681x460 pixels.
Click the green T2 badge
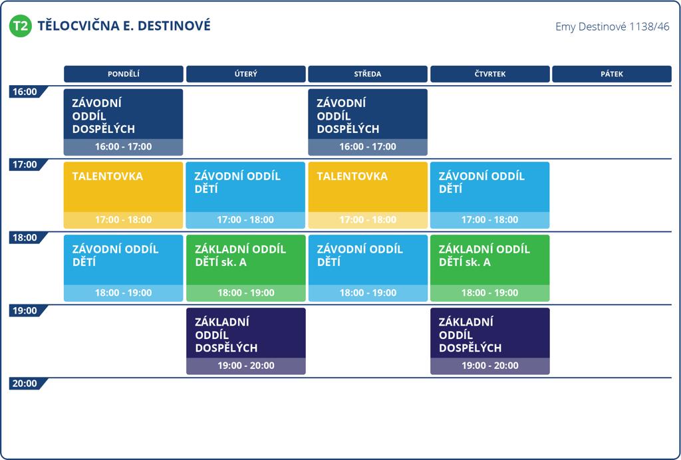[x=21, y=26]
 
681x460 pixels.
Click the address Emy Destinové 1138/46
[x=613, y=27]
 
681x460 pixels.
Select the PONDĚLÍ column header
[x=123, y=74]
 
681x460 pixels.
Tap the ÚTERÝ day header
[x=246, y=74]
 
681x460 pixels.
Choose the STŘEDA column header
[x=368, y=74]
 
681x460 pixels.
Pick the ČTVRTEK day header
[x=490, y=74]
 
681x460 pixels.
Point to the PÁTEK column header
[x=612, y=74]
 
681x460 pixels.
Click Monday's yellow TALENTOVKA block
[x=123, y=195]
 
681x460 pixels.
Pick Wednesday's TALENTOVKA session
[x=368, y=195]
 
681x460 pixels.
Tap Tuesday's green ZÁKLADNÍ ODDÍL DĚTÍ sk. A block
[x=246, y=268]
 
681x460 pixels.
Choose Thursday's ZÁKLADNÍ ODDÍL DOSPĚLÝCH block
[x=490, y=341]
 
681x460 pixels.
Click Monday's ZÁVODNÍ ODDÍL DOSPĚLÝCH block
[x=123, y=122]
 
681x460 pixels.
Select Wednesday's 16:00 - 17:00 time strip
[x=368, y=147]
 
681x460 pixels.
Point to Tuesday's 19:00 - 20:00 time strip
[x=246, y=366]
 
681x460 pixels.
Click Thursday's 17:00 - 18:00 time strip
[x=490, y=220]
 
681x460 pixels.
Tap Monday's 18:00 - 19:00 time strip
[x=123, y=293]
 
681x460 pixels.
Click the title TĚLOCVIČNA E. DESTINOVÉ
[x=124, y=26]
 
